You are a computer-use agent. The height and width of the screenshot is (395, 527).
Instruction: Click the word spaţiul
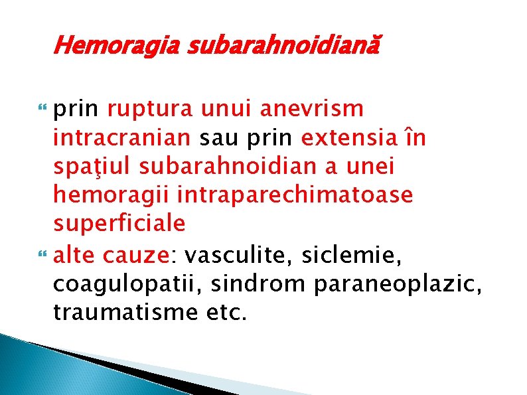(94, 166)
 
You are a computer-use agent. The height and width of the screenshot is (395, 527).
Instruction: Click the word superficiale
(119, 224)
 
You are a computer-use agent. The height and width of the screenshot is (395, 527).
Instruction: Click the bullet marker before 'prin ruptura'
(44, 110)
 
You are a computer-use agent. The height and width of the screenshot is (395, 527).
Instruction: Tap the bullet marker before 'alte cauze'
(44, 254)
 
